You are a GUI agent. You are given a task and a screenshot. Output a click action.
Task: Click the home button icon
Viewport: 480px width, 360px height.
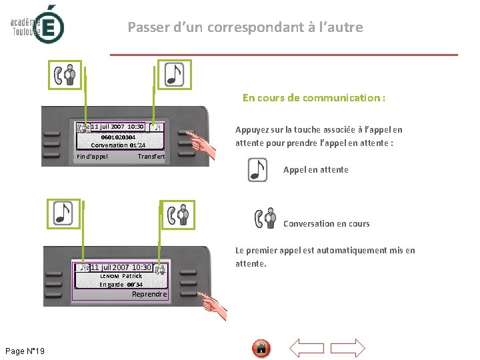pos(261,348)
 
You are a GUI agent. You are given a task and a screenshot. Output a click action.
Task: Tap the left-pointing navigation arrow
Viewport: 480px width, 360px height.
pos(307,348)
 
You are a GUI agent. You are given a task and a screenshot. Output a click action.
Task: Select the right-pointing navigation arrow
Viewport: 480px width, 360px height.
pos(348,348)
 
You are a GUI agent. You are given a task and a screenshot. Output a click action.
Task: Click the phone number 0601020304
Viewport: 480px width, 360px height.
pos(118,137)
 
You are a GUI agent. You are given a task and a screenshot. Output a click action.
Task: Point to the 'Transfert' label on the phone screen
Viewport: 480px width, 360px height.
pos(151,157)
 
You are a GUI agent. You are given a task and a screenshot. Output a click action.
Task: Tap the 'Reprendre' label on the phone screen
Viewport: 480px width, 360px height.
pos(149,294)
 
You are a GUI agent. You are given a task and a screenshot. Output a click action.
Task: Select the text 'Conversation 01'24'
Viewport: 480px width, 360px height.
pos(118,145)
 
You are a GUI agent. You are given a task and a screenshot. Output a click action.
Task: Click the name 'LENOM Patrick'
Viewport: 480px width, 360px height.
pos(121,276)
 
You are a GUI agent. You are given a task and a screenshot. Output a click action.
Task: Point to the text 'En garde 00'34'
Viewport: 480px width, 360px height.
pos(121,285)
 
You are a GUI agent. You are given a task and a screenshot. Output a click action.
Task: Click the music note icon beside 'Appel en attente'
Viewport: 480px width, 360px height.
pos(257,170)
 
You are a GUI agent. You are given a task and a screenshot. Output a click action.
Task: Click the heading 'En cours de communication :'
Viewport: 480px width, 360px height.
pos(313,98)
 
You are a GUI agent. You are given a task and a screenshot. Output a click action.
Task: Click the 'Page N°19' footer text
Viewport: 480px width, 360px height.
pos(25,351)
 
